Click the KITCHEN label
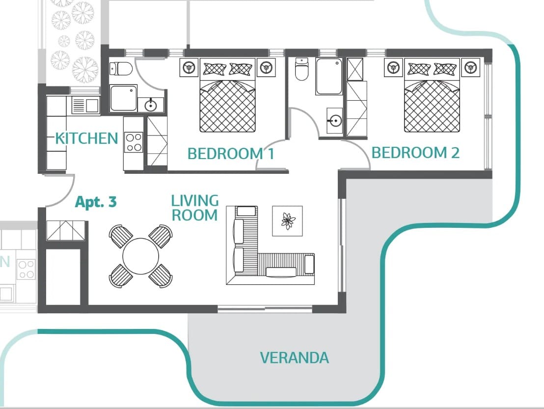click(87, 138)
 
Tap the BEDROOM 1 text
click(231, 153)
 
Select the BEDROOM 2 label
click(415, 153)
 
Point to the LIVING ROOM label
click(195, 208)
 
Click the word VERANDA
click(295, 357)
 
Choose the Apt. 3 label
click(96, 201)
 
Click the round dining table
click(140, 256)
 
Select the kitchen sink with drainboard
click(86, 106)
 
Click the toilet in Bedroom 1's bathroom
click(121, 68)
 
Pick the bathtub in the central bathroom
click(328, 76)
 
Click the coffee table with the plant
click(287, 221)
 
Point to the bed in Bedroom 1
click(228, 95)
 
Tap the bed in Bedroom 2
click(432, 95)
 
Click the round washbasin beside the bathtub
click(335, 121)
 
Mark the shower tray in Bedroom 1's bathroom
click(124, 98)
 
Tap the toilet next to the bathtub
click(301, 69)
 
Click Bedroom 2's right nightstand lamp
click(470, 67)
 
